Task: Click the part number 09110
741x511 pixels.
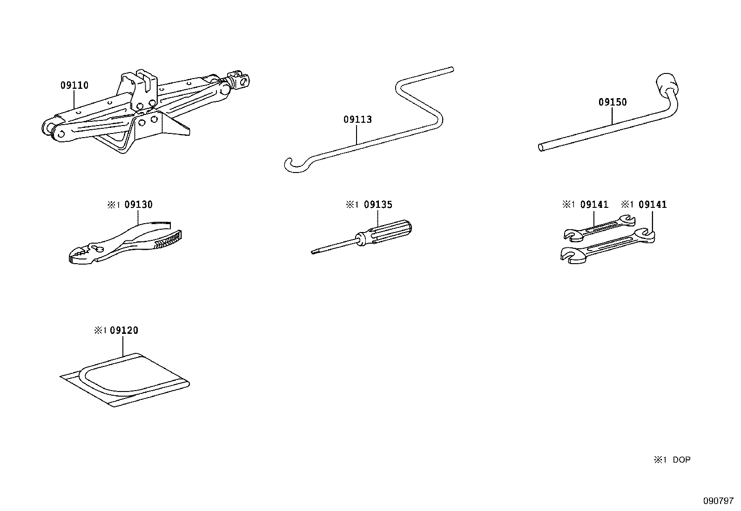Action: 74,86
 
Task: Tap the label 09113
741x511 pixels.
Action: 357,119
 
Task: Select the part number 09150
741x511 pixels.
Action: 613,102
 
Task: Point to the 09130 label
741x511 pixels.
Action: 138,205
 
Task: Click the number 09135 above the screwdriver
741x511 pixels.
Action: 378,205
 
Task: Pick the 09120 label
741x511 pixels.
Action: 124,331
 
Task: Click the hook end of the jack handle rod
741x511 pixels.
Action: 291,165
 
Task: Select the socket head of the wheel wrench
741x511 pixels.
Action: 667,82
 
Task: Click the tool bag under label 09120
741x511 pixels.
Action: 126,379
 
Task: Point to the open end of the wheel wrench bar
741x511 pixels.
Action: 541,148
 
